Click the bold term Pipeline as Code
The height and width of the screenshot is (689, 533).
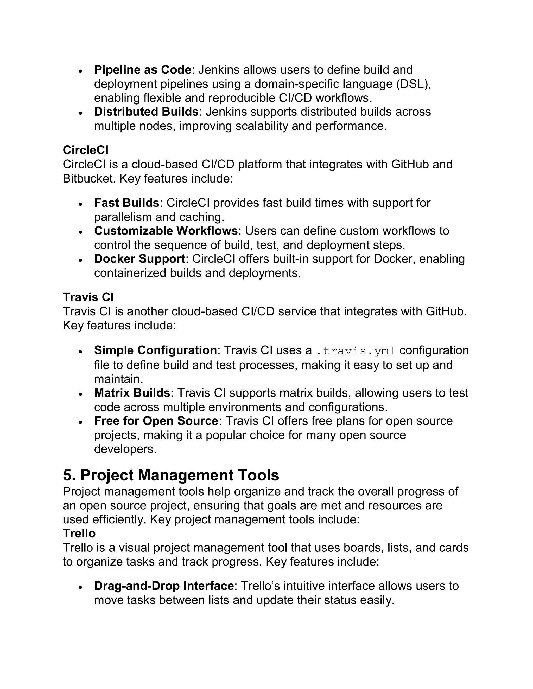pos(142,70)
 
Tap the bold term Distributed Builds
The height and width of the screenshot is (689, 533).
pos(146,112)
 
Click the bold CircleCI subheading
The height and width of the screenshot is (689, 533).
pos(86,150)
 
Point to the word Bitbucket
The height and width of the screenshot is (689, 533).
pos(89,179)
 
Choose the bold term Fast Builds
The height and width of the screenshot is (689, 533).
pos(127,203)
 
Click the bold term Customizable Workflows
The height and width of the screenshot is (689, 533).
pos(166,231)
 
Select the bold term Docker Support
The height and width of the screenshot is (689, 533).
pos(139,259)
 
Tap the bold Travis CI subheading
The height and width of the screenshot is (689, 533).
pos(88,297)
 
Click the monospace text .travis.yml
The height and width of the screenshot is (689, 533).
pos(356,351)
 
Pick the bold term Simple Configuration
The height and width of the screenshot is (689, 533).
pos(155,350)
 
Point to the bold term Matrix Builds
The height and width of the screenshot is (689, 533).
pos(132,393)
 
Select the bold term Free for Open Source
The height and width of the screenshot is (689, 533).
pos(156,421)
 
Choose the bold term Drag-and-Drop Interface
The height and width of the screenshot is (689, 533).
pos(164,586)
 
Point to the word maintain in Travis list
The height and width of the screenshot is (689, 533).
pos(118,379)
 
